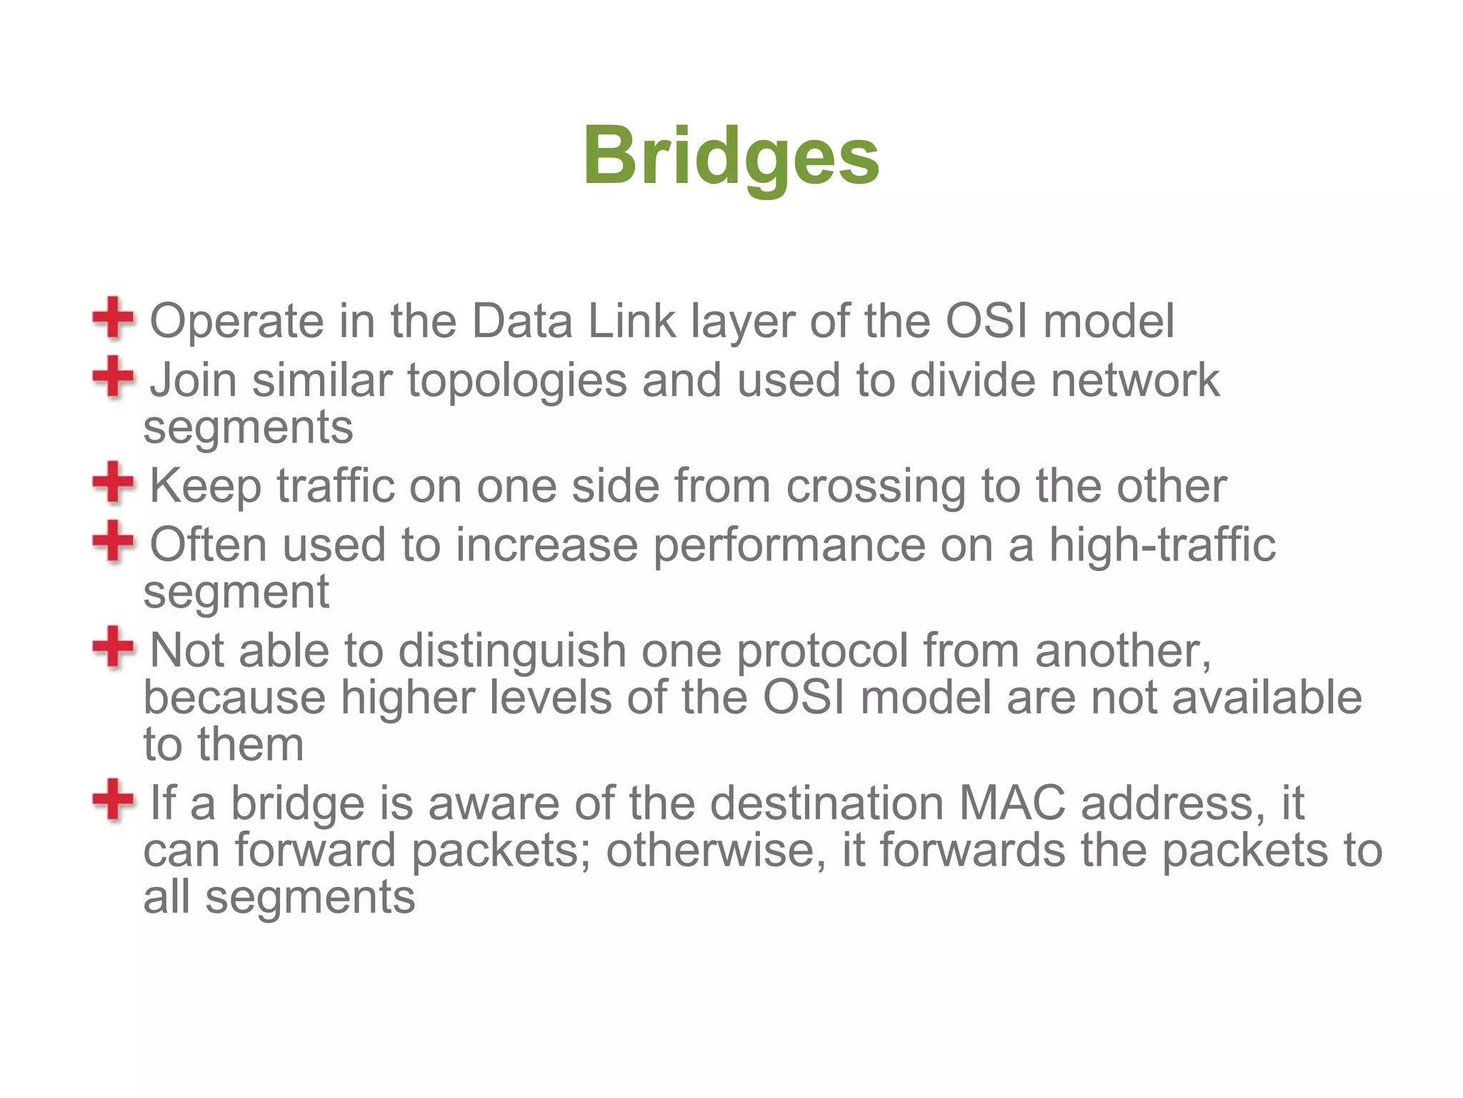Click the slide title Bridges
[x=731, y=156]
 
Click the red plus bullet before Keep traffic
[x=113, y=483]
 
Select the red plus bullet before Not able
[x=113, y=647]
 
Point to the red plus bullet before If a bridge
[x=113, y=800]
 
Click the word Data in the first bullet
[x=521, y=321]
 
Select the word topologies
[x=517, y=381]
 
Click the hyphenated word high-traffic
[x=1162, y=545]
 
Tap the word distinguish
[x=512, y=652]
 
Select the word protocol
[x=822, y=652]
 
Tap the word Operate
[x=236, y=322]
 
